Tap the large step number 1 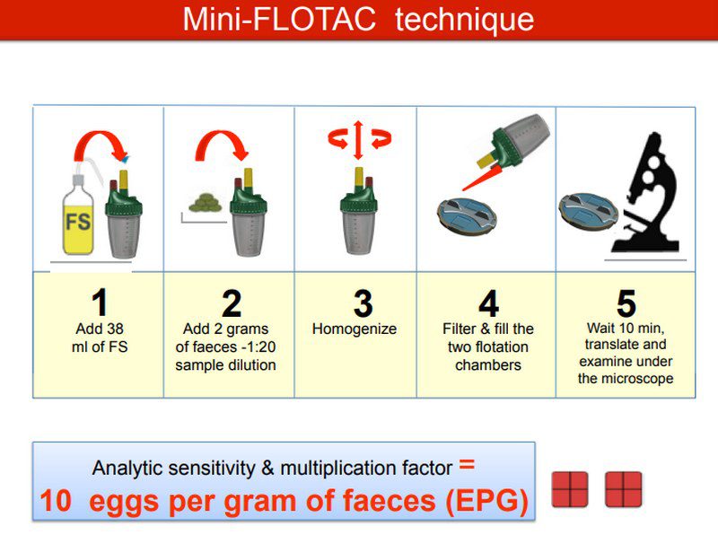(100, 303)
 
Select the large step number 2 (232, 303)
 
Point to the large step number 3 (363, 303)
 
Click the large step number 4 (488, 303)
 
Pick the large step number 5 (626, 303)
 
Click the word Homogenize (355, 329)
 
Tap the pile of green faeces (206, 203)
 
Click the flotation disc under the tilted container (467, 216)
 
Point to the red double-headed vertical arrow (358, 140)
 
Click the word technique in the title (464, 19)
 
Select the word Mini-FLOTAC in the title (279, 19)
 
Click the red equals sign (467, 464)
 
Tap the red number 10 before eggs (56, 500)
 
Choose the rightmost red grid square (623, 489)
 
